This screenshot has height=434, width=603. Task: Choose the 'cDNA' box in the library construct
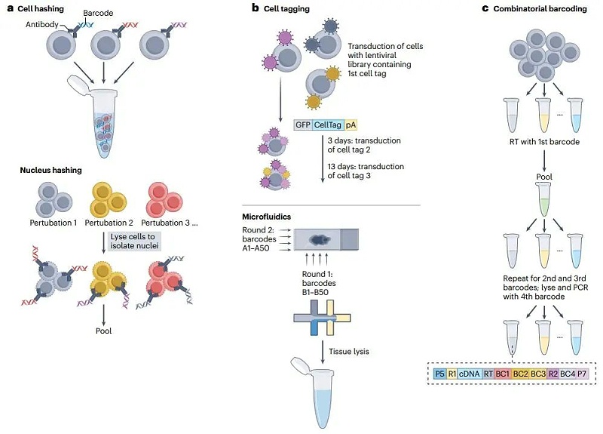tap(473, 373)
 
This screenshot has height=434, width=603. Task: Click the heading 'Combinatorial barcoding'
tap(539, 8)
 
